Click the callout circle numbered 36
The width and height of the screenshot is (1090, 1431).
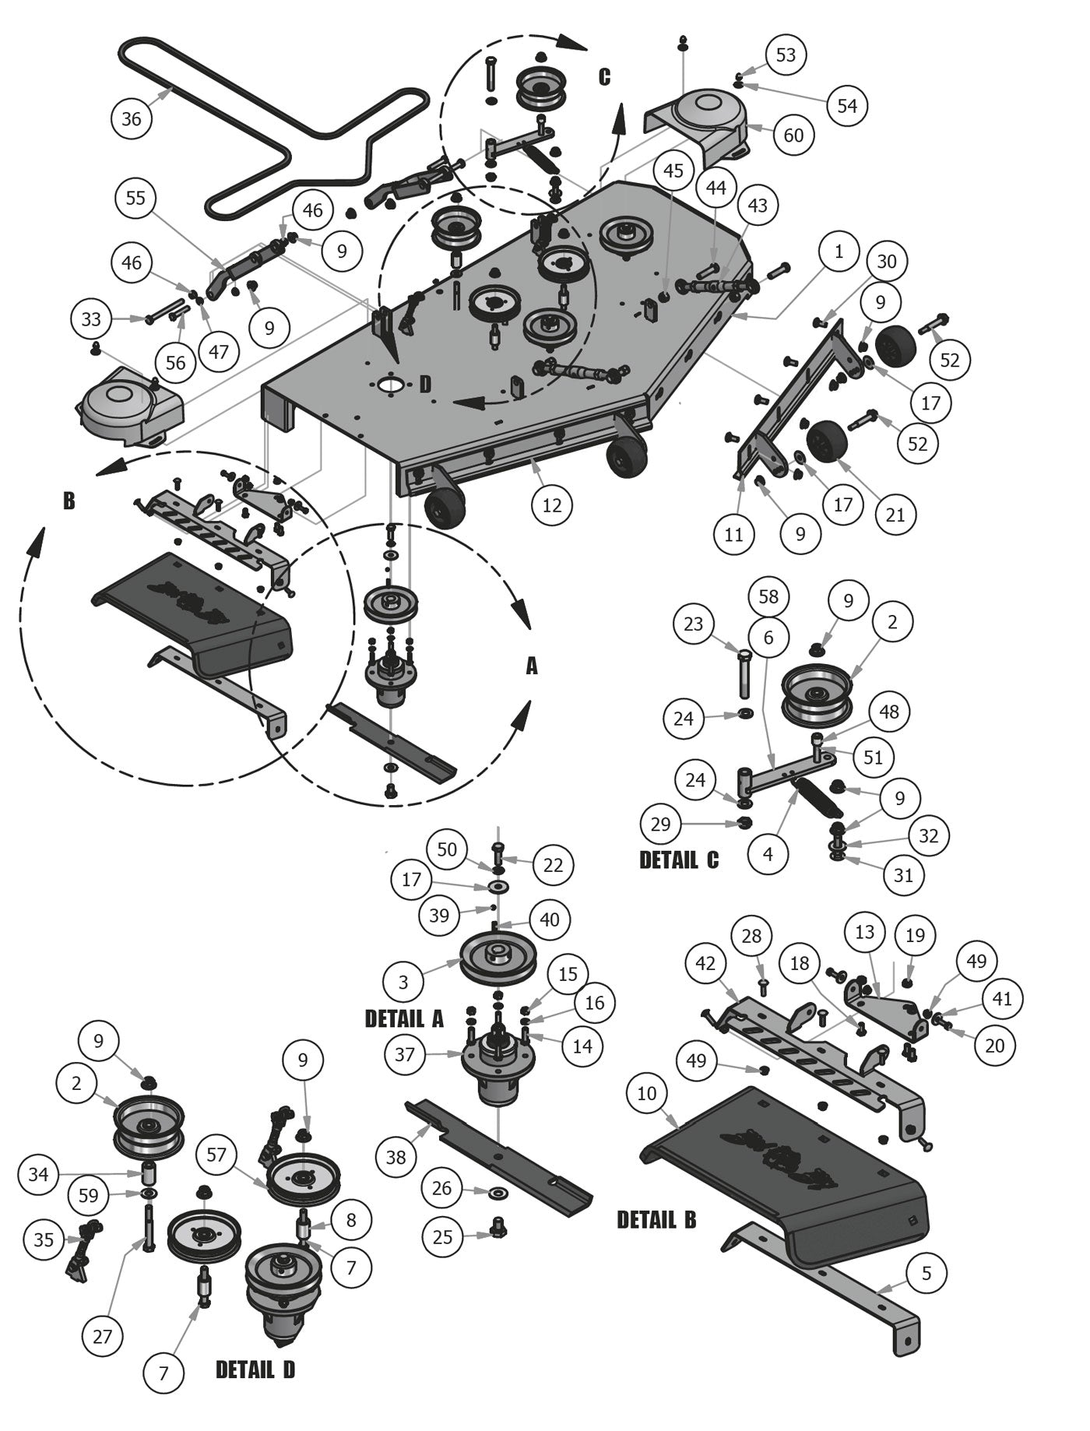[x=132, y=118]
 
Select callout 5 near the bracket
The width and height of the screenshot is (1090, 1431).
[x=926, y=1274]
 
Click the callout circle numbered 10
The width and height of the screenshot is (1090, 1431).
[x=647, y=1093]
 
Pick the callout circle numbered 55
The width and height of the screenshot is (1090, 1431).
[x=135, y=198]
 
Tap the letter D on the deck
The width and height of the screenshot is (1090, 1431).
[x=425, y=385]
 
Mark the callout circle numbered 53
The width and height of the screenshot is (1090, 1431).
[x=786, y=55]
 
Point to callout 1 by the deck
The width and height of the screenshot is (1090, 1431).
[x=839, y=251]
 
